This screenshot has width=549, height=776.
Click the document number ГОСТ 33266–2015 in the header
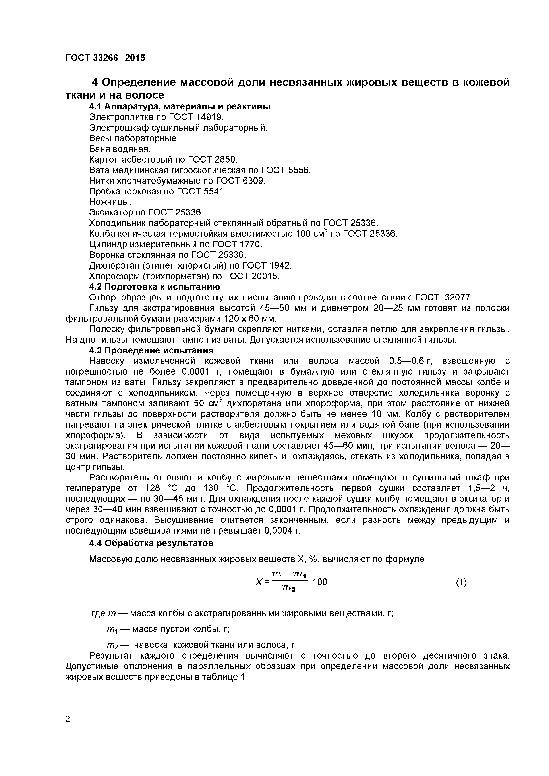[105, 58]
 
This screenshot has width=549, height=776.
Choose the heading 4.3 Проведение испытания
[151, 350]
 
